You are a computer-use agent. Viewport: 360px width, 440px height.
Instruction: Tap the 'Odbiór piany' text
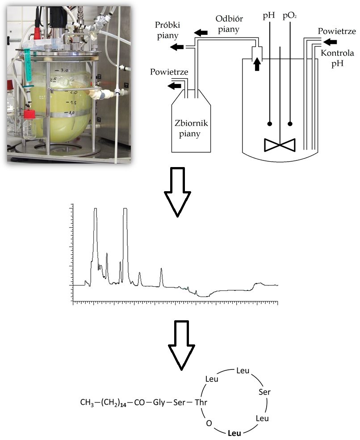[x=229, y=25]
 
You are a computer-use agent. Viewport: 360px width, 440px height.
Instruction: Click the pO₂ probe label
[x=290, y=17]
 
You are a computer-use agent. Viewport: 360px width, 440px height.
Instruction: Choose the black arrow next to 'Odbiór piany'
[x=201, y=32]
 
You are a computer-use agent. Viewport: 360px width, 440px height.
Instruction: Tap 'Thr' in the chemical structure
[x=201, y=402]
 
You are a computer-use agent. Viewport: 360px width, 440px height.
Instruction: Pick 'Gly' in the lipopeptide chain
[x=159, y=402]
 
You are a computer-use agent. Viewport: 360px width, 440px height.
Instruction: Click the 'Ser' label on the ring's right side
[x=264, y=392]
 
